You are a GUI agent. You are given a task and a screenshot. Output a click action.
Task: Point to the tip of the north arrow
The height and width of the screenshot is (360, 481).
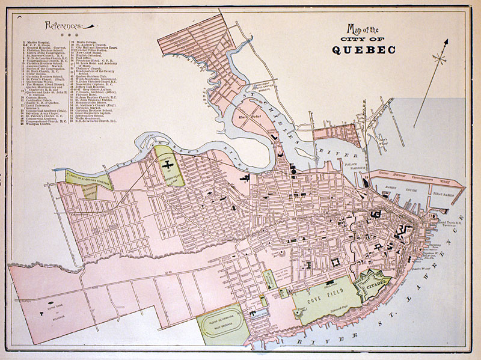[447, 40]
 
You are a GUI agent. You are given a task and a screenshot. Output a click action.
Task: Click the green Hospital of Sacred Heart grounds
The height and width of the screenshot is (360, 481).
[169, 168]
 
